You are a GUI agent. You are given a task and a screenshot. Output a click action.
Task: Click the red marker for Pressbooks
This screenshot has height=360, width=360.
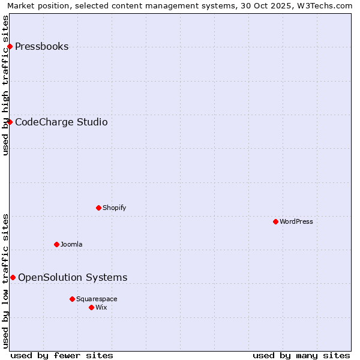[10, 47]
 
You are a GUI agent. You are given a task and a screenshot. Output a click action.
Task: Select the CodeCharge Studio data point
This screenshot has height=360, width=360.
[10, 122]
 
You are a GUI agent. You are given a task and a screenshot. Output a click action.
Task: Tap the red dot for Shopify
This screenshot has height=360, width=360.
[98, 208]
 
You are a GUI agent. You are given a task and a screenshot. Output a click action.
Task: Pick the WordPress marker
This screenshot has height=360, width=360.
[275, 222]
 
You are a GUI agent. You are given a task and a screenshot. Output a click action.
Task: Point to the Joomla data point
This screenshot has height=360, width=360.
[56, 245]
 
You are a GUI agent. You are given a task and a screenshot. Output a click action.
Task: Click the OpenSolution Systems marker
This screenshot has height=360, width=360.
[13, 278]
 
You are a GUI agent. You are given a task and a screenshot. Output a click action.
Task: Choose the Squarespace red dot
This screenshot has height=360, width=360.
[72, 299]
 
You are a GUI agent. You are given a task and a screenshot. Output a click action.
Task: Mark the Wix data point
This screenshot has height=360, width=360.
[91, 308]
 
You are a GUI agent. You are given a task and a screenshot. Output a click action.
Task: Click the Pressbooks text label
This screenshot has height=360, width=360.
[41, 47]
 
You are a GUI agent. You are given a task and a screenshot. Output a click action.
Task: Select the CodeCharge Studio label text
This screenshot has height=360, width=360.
[61, 122]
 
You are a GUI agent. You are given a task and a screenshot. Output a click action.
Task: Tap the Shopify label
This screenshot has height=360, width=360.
[114, 208]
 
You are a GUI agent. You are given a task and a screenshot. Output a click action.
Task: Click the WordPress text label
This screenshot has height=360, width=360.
[296, 222]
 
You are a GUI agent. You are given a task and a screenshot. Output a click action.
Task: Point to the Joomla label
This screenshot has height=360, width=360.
[71, 245]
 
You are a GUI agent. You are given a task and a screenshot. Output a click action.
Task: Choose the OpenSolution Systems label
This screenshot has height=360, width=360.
[73, 278]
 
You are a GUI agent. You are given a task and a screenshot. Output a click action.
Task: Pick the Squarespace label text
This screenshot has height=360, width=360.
[97, 299]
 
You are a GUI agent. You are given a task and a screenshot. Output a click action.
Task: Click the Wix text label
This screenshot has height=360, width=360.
[101, 308]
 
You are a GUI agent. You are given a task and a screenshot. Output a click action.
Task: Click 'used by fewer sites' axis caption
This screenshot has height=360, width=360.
[62, 355]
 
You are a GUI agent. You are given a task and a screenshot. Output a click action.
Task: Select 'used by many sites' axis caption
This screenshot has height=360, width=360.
[301, 355]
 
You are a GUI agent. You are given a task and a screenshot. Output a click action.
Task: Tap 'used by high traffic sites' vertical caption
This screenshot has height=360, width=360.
[6, 85]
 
